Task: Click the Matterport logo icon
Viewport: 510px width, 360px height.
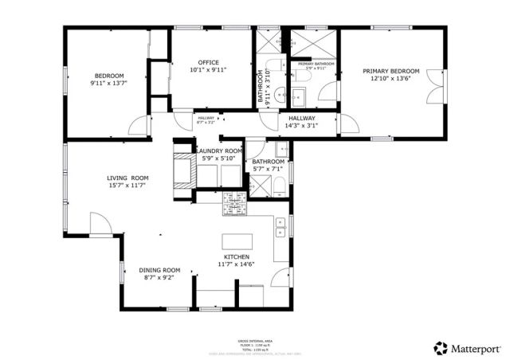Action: (439, 348)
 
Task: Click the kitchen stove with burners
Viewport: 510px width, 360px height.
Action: (234, 202)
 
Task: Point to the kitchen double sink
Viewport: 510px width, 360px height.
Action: (280, 233)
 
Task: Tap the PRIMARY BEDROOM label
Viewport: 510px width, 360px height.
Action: (390, 72)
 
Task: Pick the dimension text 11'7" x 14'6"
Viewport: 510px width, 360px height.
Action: (237, 264)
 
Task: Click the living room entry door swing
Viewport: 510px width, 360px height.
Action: (100, 227)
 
